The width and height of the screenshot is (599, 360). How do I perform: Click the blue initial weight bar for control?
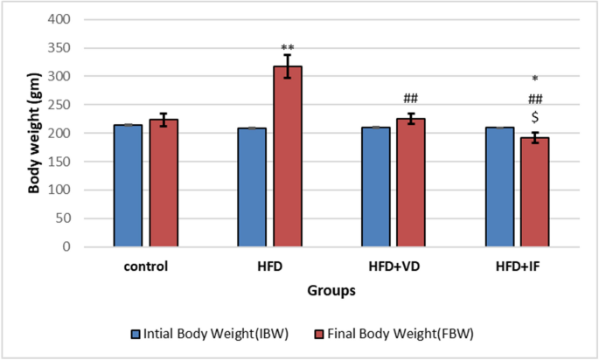coord(128,186)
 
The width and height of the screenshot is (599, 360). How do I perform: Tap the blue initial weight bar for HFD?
coord(252,188)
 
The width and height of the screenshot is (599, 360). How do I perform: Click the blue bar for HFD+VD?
coord(376,187)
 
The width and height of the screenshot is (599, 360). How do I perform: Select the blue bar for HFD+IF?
coord(499,187)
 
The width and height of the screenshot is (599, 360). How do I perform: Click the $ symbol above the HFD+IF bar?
coord(535,118)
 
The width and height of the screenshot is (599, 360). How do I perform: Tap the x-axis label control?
coord(145,266)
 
